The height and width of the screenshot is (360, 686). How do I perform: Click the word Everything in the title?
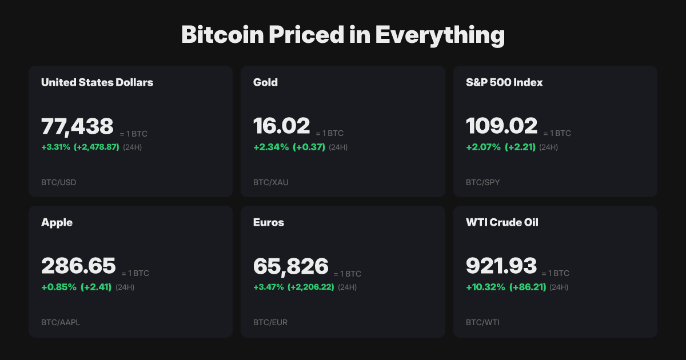click(440, 35)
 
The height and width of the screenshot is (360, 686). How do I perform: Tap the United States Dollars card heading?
click(97, 82)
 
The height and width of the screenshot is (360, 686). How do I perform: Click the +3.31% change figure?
click(55, 147)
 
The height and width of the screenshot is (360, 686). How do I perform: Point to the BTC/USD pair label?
click(58, 183)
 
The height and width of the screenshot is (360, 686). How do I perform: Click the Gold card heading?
click(265, 82)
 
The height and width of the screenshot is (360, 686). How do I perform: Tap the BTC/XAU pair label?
click(270, 183)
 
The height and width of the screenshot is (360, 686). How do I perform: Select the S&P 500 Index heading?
click(504, 82)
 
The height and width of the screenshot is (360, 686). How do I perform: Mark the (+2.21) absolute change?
click(520, 147)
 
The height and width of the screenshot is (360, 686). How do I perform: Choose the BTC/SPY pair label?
click(482, 183)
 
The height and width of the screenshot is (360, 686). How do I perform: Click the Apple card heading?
click(57, 222)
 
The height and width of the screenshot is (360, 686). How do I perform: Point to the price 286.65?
click(78, 266)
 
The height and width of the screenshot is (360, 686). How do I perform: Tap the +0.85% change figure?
click(59, 287)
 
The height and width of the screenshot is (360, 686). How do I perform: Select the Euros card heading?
click(269, 222)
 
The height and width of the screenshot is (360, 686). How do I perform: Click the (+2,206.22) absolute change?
click(311, 287)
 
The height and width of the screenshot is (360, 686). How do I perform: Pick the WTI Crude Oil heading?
click(502, 222)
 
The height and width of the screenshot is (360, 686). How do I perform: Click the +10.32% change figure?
click(485, 287)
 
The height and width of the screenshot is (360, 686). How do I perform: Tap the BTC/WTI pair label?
click(482, 322)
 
